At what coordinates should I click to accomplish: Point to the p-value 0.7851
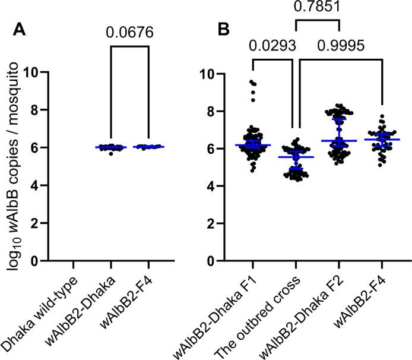[x=316, y=7]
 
